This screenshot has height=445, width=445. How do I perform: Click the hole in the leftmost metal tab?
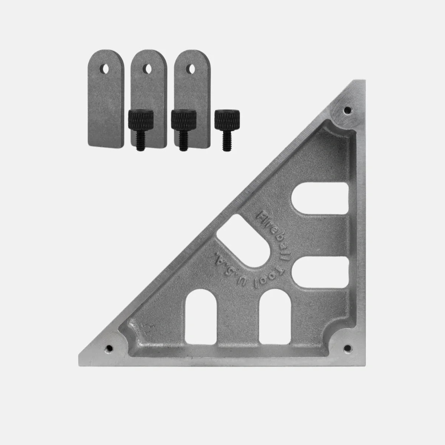[105, 69]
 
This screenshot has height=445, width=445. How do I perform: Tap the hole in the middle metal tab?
[147, 69]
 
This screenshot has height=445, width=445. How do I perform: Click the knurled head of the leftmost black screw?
[141, 120]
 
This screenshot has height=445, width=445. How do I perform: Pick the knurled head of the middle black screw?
[184, 120]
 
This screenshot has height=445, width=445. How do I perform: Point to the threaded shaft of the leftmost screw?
[141, 141]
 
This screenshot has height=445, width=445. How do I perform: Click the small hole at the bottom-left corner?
[109, 348]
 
